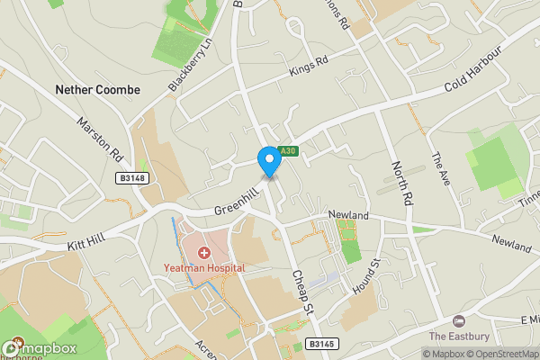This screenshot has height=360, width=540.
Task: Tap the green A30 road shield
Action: coord(287,151)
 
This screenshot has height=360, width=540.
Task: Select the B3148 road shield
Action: coord(131,179)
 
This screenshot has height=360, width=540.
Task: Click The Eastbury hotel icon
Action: coord(458,321)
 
